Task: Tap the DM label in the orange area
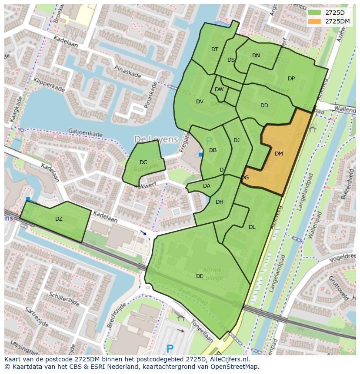coord(279,154)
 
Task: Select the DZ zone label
coord(59,219)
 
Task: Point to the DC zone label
coord(143,162)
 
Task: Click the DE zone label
coord(200,276)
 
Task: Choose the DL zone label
coord(252,227)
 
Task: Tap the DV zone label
coord(200,102)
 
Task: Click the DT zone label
coord(215,50)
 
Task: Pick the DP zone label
coord(291,79)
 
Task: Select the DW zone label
coord(219,90)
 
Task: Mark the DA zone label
coord(207,186)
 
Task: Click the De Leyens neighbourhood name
coord(156,139)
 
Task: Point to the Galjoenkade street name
coord(85,132)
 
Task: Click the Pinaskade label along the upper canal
coord(127,72)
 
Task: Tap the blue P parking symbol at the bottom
coord(170,348)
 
